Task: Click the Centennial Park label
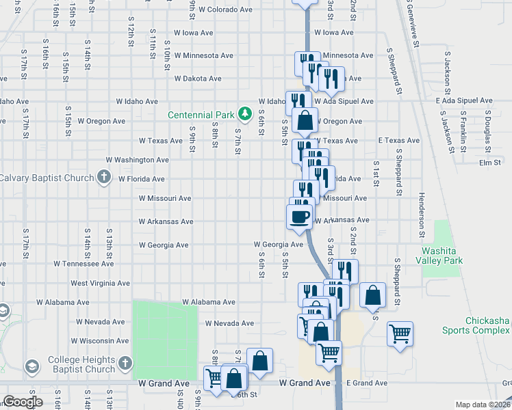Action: pyautogui.click(x=202, y=114)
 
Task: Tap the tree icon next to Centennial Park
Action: pyautogui.click(x=244, y=113)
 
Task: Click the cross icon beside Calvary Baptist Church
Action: pyautogui.click(x=103, y=178)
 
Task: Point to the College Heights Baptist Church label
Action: pyautogui.click(x=81, y=365)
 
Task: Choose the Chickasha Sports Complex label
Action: pyautogui.click(x=478, y=325)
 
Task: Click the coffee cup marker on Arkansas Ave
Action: pyautogui.click(x=299, y=217)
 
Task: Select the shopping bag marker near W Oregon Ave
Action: pyautogui.click(x=305, y=120)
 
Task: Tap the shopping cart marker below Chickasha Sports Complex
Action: pyautogui.click(x=400, y=334)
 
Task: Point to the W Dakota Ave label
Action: pyautogui.click(x=198, y=79)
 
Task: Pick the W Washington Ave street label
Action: pyautogui.click(x=137, y=160)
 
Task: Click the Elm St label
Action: pyautogui.click(x=490, y=163)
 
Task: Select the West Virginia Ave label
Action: pyautogui.click(x=100, y=283)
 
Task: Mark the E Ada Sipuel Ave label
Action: pyautogui.click(x=464, y=101)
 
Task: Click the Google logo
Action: pyautogui.click(x=23, y=402)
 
